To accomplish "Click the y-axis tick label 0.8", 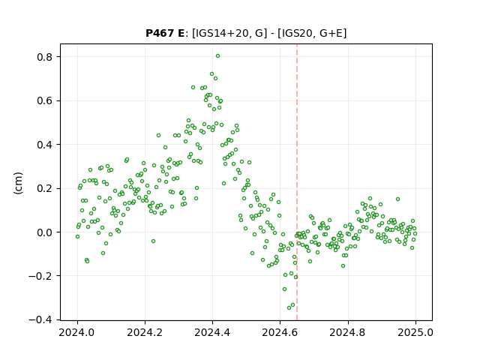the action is tap(44, 57).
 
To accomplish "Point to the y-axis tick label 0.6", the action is tap(44, 100).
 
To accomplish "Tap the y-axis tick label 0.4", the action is tap(44, 145).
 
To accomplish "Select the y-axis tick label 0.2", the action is tap(44, 188).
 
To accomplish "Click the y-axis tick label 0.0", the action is tap(44, 232).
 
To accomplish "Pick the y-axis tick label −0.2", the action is tap(40, 276).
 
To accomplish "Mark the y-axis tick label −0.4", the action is tap(40, 320).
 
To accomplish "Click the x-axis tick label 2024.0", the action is tap(77, 332).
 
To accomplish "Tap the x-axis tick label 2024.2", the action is tap(145, 332).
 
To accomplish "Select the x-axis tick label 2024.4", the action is tap(212, 332).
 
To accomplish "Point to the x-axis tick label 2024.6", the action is tap(280, 332).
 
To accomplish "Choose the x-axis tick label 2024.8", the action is tap(348, 332).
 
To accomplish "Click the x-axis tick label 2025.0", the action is tap(415, 332).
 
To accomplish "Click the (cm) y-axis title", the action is tap(18, 183).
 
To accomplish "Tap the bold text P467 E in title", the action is tap(165, 33).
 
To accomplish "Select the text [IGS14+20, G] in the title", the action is tap(227, 33).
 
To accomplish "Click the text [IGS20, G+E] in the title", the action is tap(312, 33).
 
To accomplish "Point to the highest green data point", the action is tap(217, 56).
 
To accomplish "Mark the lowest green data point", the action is tap(289, 307).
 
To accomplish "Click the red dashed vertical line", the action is tap(297, 182).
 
